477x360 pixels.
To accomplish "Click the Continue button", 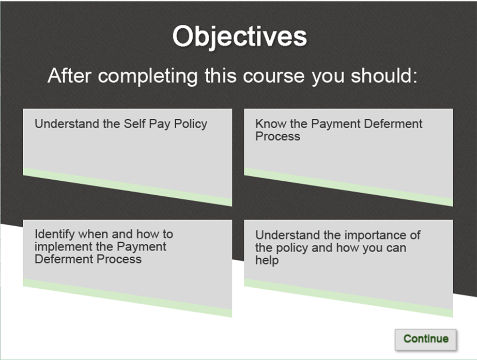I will tap(425, 339).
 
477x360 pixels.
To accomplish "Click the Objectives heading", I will tap(239, 37).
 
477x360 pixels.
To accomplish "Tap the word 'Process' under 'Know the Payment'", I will tap(278, 136).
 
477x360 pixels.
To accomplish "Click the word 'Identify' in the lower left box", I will tap(55, 234).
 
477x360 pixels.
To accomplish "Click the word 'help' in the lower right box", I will tap(267, 260).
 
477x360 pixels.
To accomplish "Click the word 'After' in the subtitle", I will tap(70, 76).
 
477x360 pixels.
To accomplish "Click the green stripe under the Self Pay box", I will tap(127, 187).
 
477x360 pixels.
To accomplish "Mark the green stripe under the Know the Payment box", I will tap(348, 187).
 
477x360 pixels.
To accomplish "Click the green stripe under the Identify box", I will tap(127, 298).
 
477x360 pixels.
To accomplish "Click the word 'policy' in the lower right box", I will tap(291, 248).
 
